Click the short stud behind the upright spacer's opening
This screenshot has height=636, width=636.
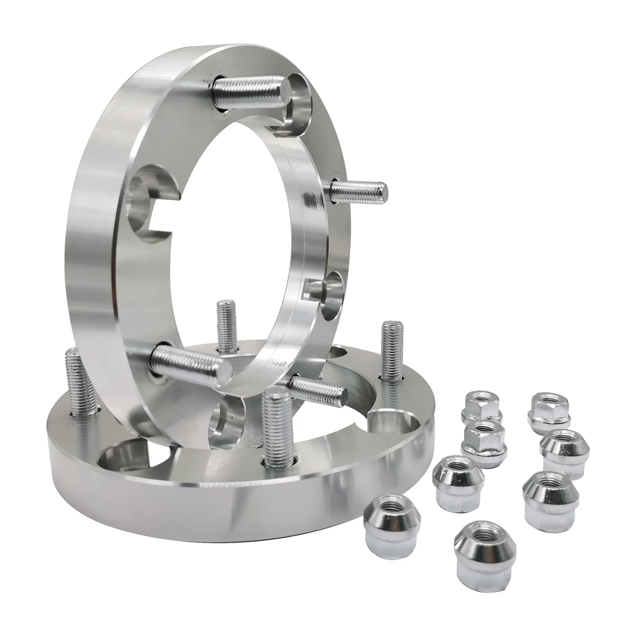pos(226,324)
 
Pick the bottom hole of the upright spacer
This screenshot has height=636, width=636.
pos(229,420)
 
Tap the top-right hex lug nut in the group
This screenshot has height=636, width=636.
pos(548,411)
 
